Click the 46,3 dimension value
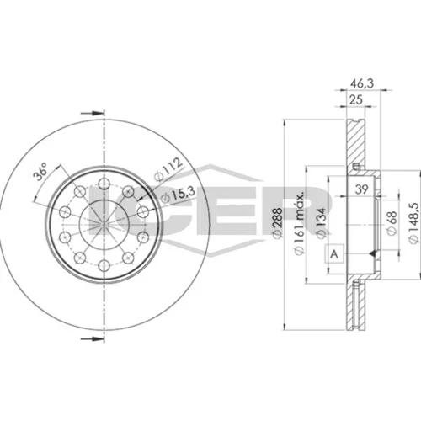click(x=362, y=83)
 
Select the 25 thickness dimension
click(x=356, y=99)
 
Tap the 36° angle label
click(x=40, y=173)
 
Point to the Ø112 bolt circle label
click(x=168, y=169)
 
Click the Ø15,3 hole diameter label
click(x=178, y=195)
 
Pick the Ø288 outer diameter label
click(x=278, y=223)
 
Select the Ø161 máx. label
click(x=299, y=224)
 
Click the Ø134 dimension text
click(x=322, y=223)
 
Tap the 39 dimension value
click(x=361, y=189)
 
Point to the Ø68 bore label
click(x=392, y=223)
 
